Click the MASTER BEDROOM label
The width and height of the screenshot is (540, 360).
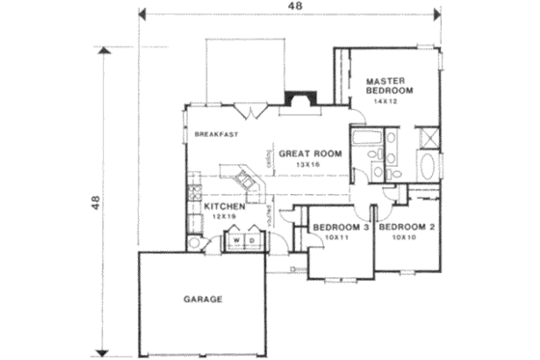[x=390, y=83]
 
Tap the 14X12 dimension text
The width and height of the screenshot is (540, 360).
[x=390, y=100]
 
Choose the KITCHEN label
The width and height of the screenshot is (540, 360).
[x=222, y=206]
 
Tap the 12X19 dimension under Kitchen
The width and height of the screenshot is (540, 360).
[x=223, y=217]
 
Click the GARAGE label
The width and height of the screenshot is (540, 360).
[x=202, y=299]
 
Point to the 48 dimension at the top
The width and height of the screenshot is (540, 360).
[x=291, y=8]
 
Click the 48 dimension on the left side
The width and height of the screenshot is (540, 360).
[x=96, y=204]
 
